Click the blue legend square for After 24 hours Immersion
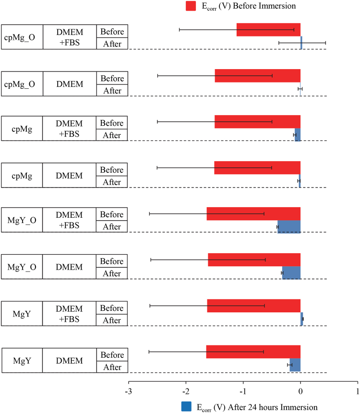[186, 407]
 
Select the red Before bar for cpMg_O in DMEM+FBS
[268, 30]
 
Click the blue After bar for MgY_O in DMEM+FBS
[289, 227]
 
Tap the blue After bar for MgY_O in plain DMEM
[291, 273]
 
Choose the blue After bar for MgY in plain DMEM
[295, 365]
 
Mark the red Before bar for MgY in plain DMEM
[253, 352]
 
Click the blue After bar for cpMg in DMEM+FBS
[298, 135]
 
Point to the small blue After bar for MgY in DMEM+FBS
[302, 319]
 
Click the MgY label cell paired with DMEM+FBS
[22, 313]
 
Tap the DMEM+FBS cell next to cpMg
[70, 129]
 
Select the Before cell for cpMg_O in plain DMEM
[112, 78]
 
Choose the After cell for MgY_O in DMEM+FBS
[112, 227]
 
